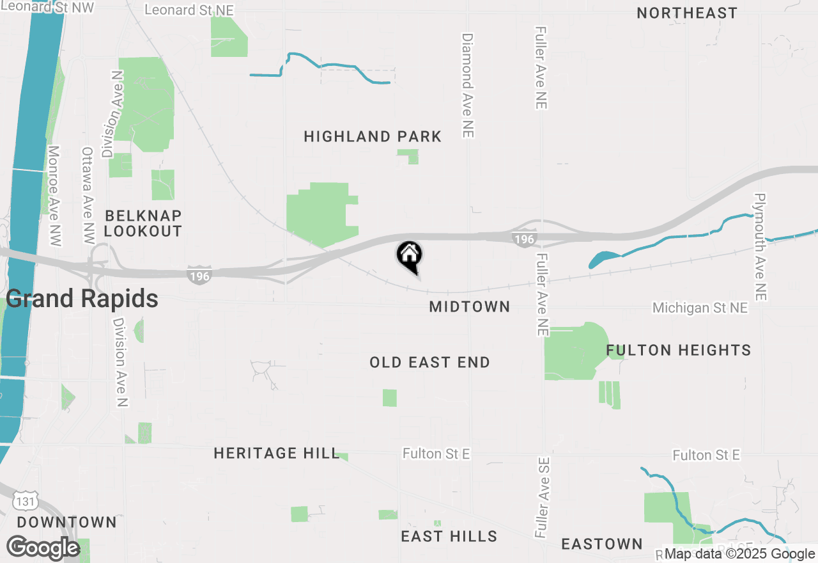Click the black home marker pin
coord(410,256)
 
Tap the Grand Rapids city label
coord(82,298)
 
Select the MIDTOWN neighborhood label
coord(470,306)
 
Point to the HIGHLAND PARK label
coord(373,136)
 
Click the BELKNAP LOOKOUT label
coord(143,223)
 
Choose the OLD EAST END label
coord(429,362)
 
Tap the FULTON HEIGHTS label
coord(678,350)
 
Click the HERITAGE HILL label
coord(276,453)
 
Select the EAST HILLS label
coord(449,536)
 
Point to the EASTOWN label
coord(601,544)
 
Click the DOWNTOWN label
coord(67,522)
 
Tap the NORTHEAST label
coord(687,13)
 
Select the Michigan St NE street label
coord(700,308)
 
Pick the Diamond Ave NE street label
coord(467,86)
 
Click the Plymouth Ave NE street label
coord(759,247)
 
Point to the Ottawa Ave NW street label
coord(88,195)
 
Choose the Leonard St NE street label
coord(189,10)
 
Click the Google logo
coord(43,548)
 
